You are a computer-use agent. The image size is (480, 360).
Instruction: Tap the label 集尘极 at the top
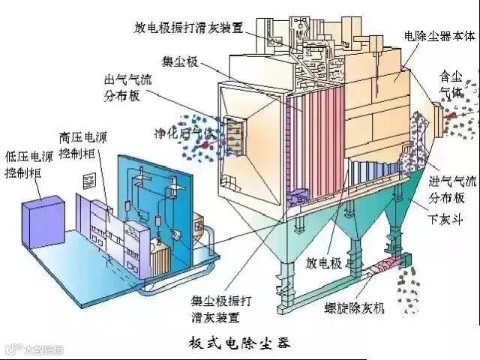click(x=180, y=61)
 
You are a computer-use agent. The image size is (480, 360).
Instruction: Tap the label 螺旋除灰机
click(x=359, y=307)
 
